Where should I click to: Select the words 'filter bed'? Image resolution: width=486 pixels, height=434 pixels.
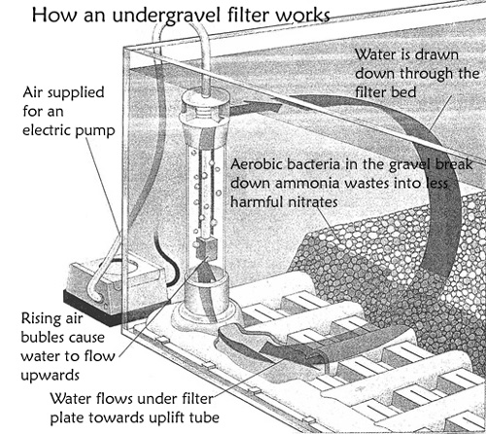pos(386,92)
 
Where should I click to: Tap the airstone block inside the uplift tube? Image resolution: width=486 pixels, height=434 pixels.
pos(206,248)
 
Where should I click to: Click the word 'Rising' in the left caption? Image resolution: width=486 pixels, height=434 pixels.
pos(41,319)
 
